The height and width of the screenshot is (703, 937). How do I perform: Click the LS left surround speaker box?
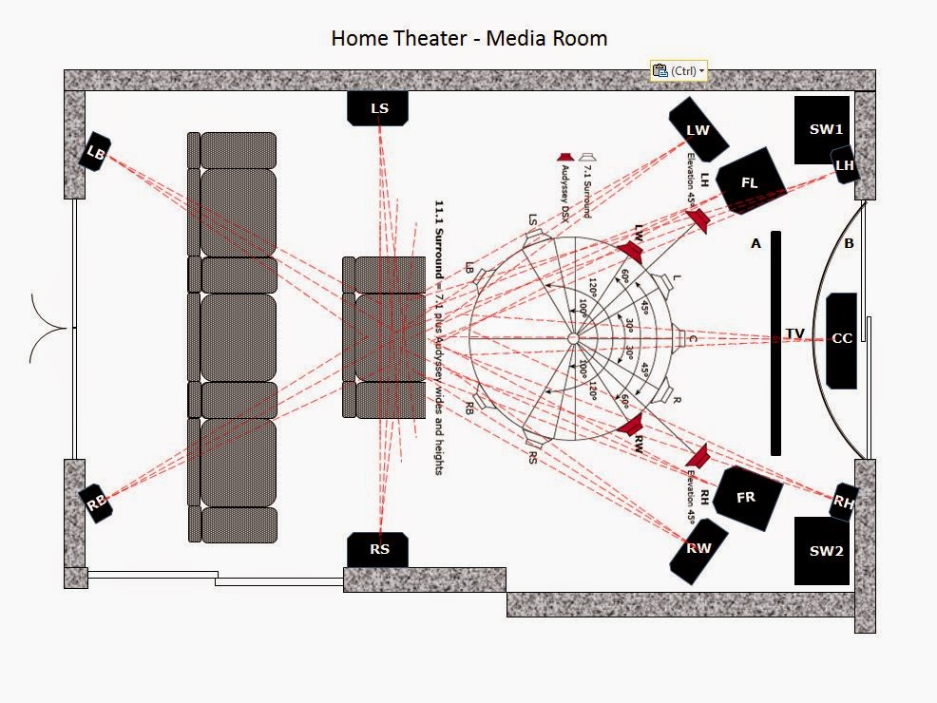point(379,108)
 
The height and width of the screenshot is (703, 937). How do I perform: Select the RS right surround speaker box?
point(379,549)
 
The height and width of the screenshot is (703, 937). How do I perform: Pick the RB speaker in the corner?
point(96,503)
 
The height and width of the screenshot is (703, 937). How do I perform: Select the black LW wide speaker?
point(698,129)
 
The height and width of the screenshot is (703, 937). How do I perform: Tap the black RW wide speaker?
point(698,549)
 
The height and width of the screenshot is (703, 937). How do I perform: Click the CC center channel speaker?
point(842,339)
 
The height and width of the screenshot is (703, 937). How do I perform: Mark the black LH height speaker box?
point(845,166)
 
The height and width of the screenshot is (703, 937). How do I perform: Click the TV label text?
point(795,333)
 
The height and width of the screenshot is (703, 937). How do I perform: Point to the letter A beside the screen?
point(756,244)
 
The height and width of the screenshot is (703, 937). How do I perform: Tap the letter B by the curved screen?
point(849,244)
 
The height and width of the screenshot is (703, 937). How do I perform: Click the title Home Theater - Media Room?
point(468,39)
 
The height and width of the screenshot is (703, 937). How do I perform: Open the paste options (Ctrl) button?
point(678,71)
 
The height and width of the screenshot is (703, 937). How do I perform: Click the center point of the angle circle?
point(573,338)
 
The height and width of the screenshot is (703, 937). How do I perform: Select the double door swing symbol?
point(49,329)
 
